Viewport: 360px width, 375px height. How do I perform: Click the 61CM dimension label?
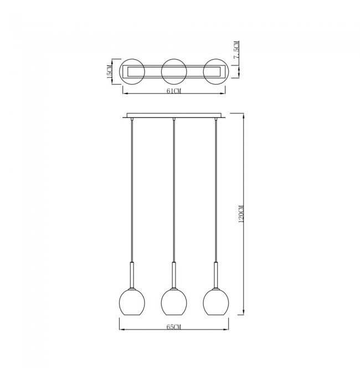click(x=174, y=91)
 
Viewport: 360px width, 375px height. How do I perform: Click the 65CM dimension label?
click(x=174, y=327)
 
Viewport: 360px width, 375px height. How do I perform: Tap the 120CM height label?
click(x=241, y=214)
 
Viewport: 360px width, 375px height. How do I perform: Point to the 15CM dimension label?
click(x=109, y=71)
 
